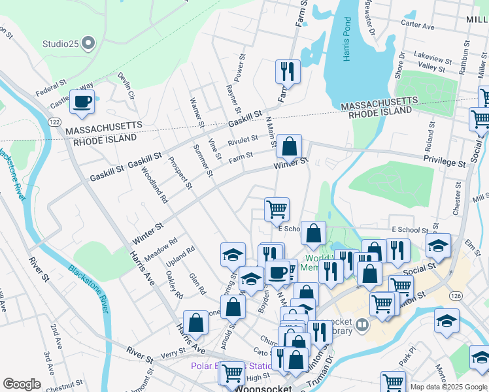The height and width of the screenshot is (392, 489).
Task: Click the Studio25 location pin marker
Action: click(x=90, y=44)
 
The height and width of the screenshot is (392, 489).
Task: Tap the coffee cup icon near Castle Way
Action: click(x=82, y=102)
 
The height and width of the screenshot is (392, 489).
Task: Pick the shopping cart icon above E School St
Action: click(x=277, y=209)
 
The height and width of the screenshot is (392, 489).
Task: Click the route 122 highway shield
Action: click(x=55, y=122)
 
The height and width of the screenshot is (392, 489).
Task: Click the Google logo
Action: click(x=22, y=384)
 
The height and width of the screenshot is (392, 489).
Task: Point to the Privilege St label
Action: click(x=444, y=159)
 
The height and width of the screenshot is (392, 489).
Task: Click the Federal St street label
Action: click(x=51, y=88)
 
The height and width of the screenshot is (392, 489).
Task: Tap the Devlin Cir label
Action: click(x=126, y=86)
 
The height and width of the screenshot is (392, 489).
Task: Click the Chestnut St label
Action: click(x=64, y=385)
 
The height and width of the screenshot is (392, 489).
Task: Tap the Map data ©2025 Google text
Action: click(x=448, y=386)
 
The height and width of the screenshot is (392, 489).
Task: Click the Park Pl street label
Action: click(x=407, y=359)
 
